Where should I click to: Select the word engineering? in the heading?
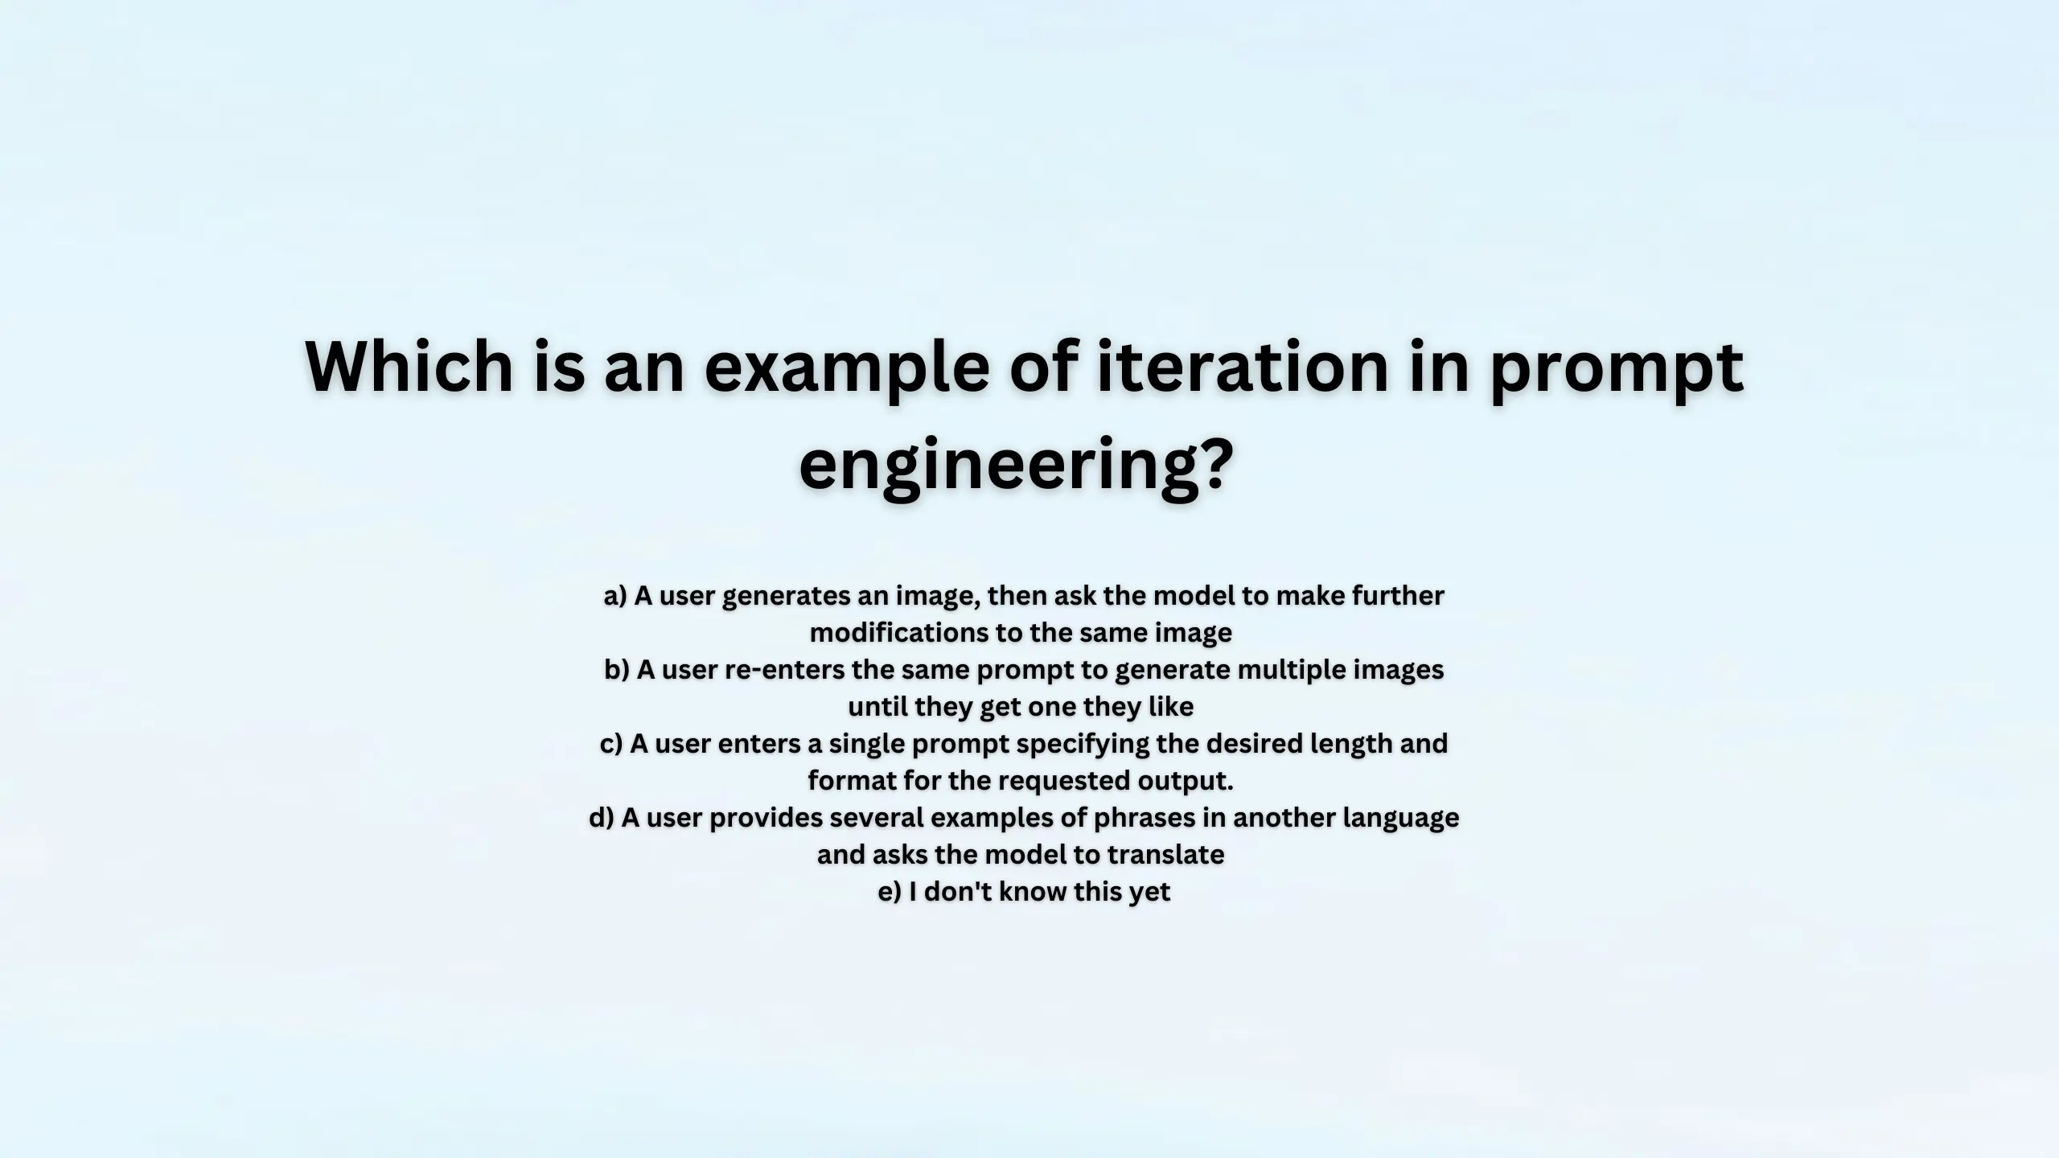tap(1016, 465)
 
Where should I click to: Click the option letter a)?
tap(614, 596)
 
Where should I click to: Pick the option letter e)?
tap(890, 892)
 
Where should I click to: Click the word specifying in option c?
tap(1083, 744)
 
